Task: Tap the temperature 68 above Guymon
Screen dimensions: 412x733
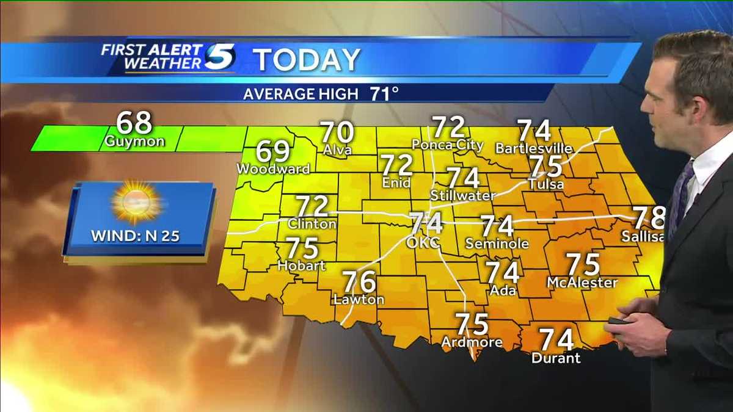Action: [134, 123]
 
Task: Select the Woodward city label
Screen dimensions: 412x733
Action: [273, 168]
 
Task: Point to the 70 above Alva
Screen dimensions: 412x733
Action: [337, 132]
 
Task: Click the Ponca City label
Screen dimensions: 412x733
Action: [448, 145]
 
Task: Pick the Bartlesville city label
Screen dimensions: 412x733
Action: [534, 148]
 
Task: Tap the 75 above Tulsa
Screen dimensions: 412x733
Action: [545, 166]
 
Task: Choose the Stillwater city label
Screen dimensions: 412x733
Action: [462, 195]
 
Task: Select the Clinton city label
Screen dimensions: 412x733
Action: [312, 223]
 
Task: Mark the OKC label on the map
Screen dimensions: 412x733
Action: [423, 242]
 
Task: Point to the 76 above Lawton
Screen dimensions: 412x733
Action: [359, 281]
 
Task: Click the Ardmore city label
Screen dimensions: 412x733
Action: [472, 342]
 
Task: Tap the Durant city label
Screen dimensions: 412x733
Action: [556, 358]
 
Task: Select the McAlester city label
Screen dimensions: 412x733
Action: [582, 282]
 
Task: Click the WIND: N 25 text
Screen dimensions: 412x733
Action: [136, 236]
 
